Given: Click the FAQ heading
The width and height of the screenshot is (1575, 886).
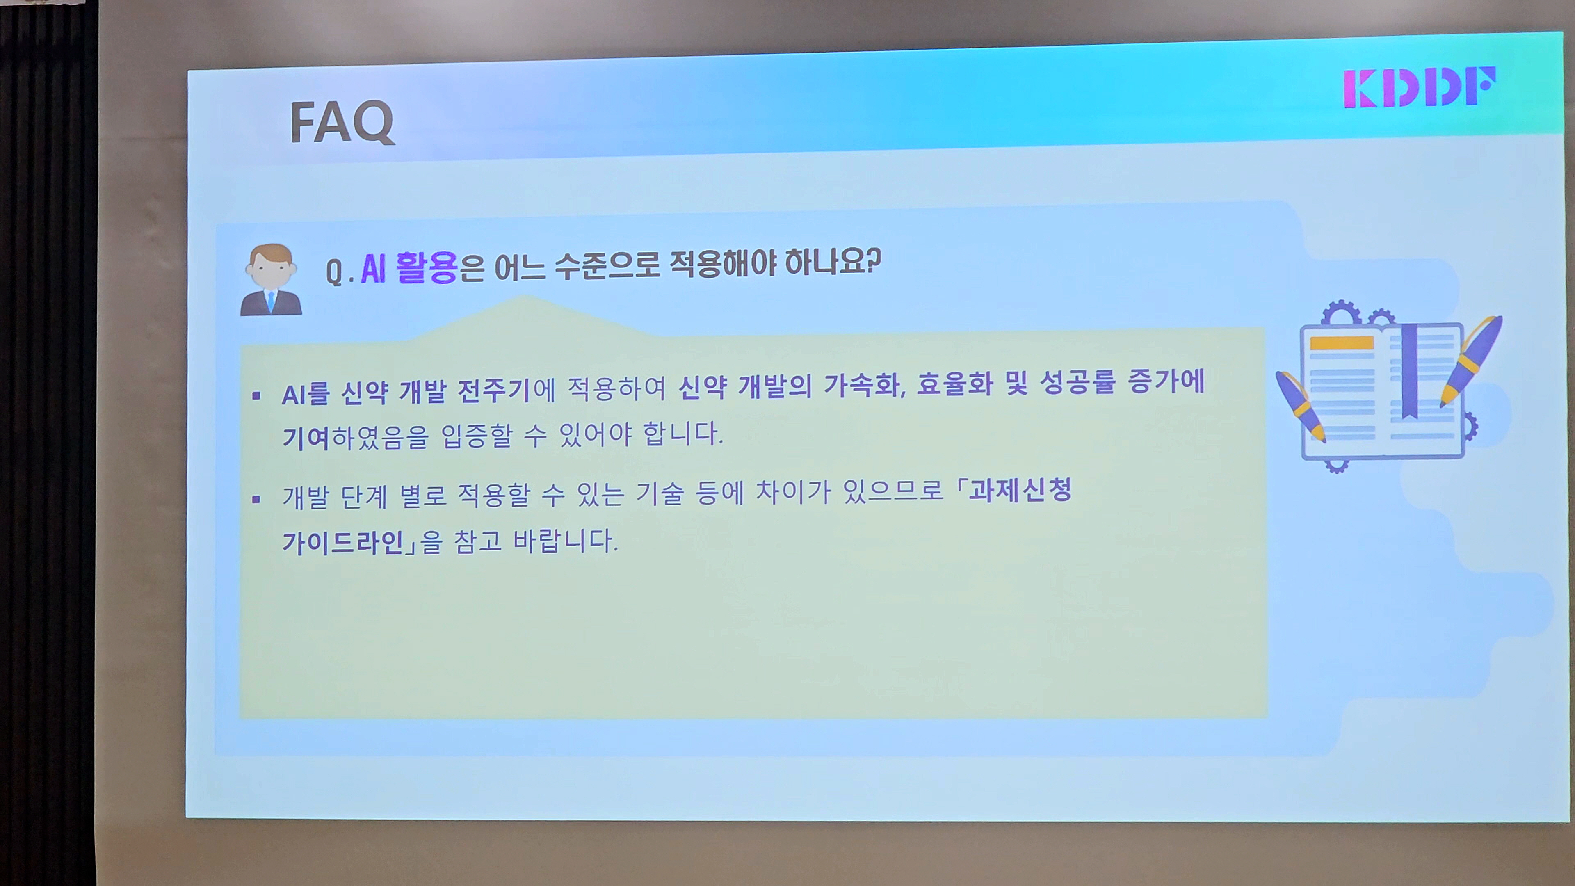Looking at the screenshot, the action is point(342,123).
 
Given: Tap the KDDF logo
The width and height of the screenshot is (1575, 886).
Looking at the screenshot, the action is point(1420,87).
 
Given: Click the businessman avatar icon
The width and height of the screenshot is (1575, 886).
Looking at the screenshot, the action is point(271,280).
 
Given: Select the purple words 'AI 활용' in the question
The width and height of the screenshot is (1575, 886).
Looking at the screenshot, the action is point(409,268).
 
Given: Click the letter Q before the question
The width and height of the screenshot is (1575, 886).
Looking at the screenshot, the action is point(334,272).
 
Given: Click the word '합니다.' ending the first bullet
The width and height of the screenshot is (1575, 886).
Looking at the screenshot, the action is point(683,434).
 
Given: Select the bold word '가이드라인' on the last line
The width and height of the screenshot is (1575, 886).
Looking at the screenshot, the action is point(343,542).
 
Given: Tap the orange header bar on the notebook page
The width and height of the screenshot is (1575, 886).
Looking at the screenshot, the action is point(1342,343).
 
